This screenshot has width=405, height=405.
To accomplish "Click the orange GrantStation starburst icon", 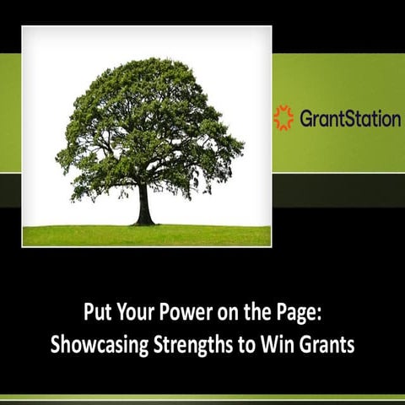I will point(283,117).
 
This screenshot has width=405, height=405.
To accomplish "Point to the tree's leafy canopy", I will point(148,127).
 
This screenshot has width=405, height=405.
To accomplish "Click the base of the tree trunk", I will point(145,222).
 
